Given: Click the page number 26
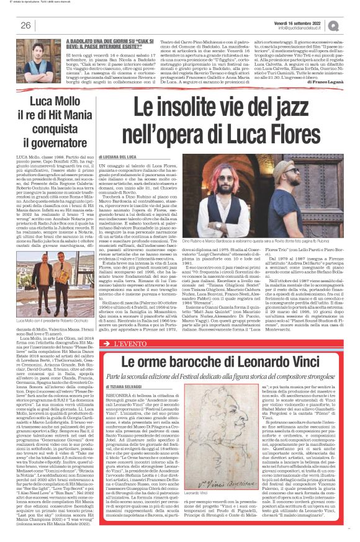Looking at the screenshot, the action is tap(26, 25).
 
